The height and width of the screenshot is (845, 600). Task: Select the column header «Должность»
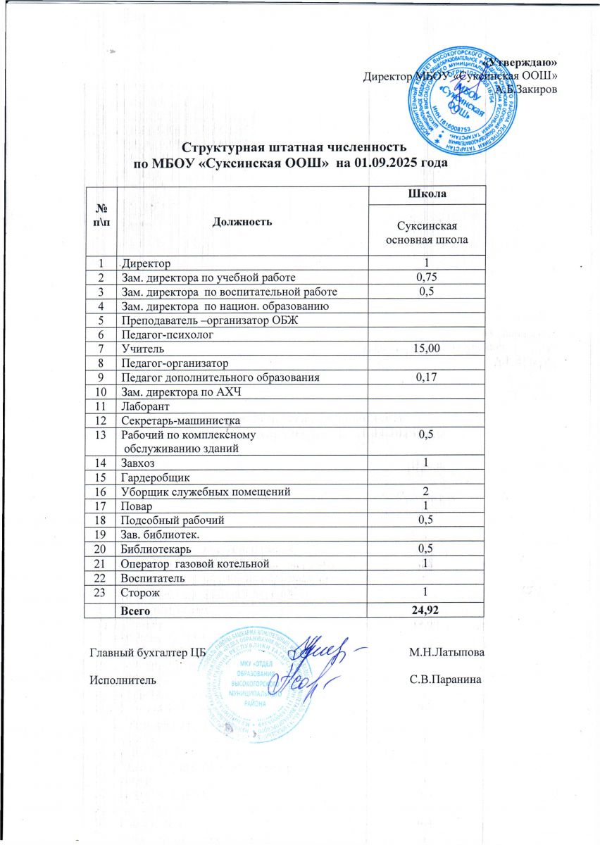click(242, 221)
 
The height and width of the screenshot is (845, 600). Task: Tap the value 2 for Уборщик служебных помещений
click(424, 491)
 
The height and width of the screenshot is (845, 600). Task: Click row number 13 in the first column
click(101, 434)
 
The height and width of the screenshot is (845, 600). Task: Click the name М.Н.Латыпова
click(446, 653)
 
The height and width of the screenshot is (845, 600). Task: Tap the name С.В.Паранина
click(446, 681)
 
